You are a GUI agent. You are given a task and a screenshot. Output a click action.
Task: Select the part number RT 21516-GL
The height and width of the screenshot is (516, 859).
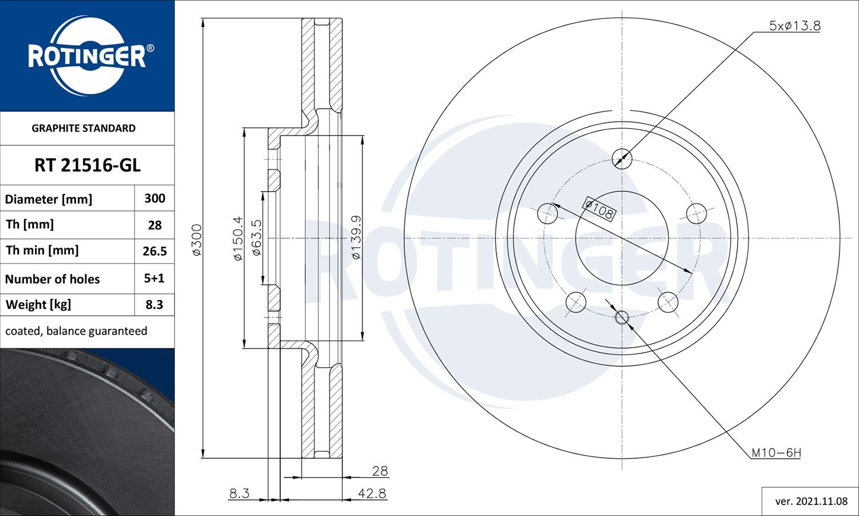pos(87,165)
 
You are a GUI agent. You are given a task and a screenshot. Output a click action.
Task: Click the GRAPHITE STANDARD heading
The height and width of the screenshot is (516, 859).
pos(84,128)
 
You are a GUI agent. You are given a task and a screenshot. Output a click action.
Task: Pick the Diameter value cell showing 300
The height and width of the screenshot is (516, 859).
pos(155,199)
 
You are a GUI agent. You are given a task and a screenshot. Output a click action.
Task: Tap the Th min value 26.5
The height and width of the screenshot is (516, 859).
pos(155,251)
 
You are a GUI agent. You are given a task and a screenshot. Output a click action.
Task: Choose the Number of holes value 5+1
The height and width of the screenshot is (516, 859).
pos(154,279)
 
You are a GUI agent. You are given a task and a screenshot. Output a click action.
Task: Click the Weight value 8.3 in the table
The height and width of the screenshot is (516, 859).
pos(154,305)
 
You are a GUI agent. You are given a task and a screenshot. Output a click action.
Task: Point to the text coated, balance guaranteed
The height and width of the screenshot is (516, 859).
pos(76,331)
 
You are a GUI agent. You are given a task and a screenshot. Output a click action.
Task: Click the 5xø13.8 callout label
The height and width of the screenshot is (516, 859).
pos(794,26)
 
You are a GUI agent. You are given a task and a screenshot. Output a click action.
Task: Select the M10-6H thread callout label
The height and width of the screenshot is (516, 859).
pos(776,453)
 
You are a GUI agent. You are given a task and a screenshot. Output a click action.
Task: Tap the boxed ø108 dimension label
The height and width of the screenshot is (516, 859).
pos(599,209)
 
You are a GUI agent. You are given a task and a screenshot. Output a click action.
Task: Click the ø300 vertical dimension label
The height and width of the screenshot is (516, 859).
pos(196,240)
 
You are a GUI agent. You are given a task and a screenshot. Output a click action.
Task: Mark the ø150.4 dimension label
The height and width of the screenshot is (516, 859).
pos(238,239)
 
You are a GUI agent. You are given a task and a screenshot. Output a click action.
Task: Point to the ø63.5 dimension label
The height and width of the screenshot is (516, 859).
pos(257,239)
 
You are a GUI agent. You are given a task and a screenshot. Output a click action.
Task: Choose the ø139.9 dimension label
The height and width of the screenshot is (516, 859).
pos(356,237)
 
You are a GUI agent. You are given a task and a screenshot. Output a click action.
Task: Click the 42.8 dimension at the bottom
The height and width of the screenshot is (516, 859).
pos(372,493)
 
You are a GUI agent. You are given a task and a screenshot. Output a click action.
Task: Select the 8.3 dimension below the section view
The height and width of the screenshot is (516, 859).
pos(239,493)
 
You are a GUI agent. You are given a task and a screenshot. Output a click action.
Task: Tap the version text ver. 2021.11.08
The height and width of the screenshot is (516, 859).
pos(811,502)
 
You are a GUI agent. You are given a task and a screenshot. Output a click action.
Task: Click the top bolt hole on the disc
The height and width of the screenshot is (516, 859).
pos(622,158)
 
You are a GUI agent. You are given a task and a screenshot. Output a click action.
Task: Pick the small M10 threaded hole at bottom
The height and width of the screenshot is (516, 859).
pos(622,317)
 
